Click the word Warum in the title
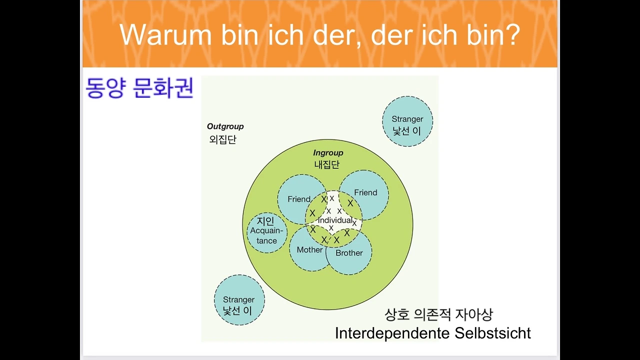tap(165, 34)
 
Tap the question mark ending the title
tap(513, 34)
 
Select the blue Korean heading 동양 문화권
tap(139, 87)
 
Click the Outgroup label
tap(225, 126)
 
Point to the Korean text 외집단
tap(223, 139)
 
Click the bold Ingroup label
tap(328, 153)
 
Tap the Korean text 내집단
tap(327, 164)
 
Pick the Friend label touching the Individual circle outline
tap(299, 199)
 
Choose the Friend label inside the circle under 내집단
tap(365, 192)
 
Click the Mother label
tap(309, 249)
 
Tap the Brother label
tap(349, 253)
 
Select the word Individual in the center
tap(335, 220)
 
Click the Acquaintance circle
tap(267, 232)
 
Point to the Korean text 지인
tap(265, 221)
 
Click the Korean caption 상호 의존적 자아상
tap(438, 315)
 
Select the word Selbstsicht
tap(492, 333)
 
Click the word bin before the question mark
tap(485, 34)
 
